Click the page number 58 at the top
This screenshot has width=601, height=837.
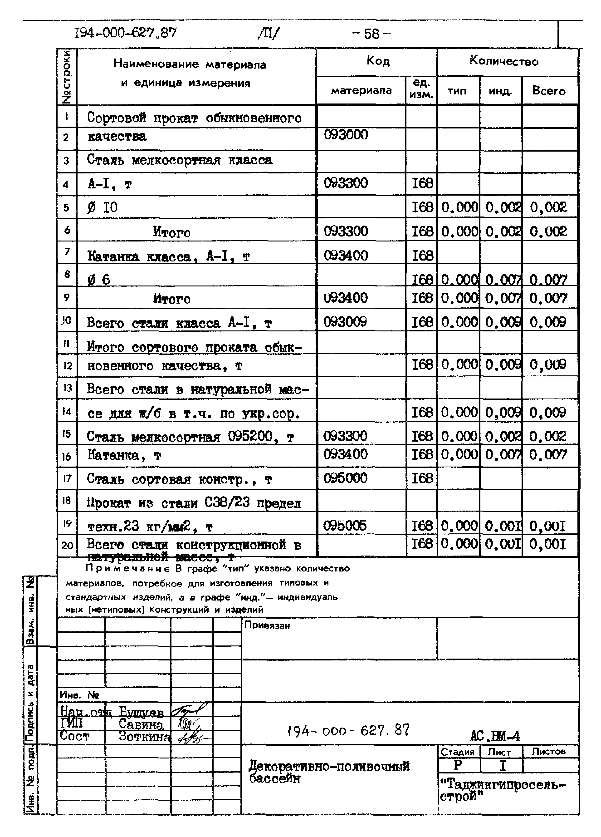tap(371, 34)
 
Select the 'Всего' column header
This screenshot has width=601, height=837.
tap(549, 91)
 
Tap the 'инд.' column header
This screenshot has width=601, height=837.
tap(500, 91)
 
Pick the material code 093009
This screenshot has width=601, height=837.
tap(345, 322)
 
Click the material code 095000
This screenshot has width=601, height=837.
tap(345, 478)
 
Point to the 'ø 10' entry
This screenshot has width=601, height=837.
tap(103, 207)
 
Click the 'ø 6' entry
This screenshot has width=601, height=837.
tap(99, 279)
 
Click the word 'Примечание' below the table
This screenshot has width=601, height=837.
tap(128, 569)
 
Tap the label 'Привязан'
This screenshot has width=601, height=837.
tap(267, 625)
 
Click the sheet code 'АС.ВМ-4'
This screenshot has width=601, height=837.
tap(495, 736)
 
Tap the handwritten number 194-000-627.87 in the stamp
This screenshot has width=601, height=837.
tap(348, 730)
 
